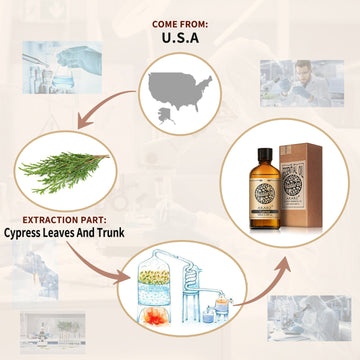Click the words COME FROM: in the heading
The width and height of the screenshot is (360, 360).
pyautogui.click(x=180, y=22)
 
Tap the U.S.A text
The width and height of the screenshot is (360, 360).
pyautogui.click(x=180, y=39)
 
